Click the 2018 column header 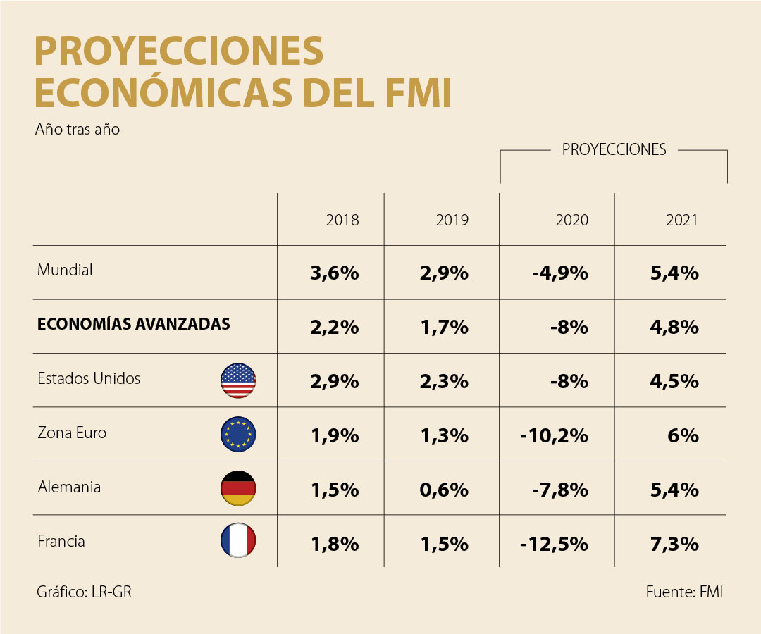(x=342, y=220)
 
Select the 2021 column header (x=681, y=220)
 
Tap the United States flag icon (x=238, y=380)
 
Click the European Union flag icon (x=238, y=434)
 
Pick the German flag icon (x=238, y=488)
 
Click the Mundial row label (x=65, y=270)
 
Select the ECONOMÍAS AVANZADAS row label (x=134, y=324)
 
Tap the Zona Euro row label (x=72, y=433)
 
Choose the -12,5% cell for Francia (x=554, y=544)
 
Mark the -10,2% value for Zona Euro (x=554, y=436)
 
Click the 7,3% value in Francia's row (x=675, y=544)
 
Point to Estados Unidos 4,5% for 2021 (x=675, y=382)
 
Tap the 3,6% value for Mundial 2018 (x=334, y=273)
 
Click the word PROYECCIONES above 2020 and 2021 (x=614, y=149)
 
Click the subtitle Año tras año (x=77, y=130)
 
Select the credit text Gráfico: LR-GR (x=84, y=592)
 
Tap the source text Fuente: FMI (x=684, y=592)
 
